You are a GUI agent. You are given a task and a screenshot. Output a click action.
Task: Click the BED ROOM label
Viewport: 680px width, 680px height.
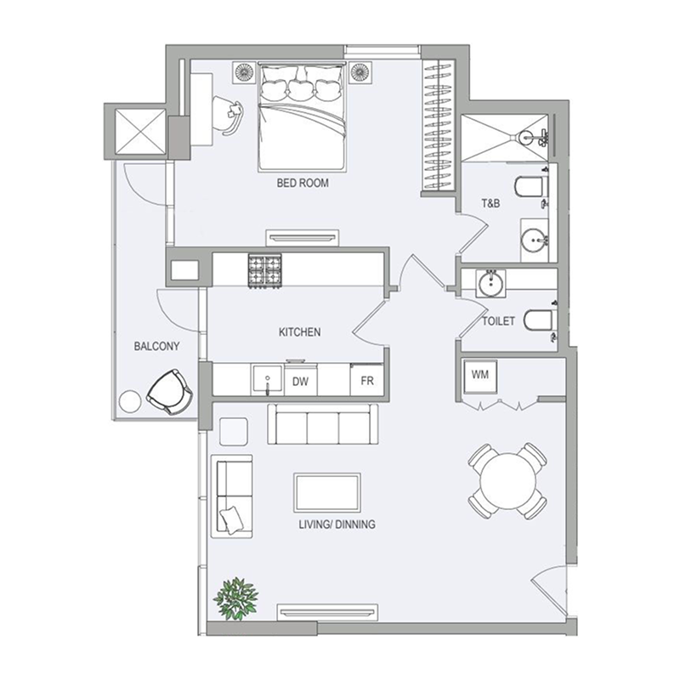pos(302,183)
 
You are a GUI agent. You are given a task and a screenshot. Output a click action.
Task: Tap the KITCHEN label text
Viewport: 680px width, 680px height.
pos(299,331)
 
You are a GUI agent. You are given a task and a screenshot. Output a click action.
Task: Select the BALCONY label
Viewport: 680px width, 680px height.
pos(154,347)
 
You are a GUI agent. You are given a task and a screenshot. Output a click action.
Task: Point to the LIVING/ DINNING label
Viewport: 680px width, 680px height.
pos(337,524)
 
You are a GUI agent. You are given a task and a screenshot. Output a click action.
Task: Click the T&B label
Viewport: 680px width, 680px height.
pos(490,203)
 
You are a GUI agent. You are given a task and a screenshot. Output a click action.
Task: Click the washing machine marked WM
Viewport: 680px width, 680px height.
pos(479,374)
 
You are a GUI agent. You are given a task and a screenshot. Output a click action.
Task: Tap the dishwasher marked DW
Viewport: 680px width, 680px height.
pos(299,382)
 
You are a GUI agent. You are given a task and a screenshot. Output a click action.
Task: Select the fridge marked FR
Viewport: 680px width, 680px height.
pos(368,382)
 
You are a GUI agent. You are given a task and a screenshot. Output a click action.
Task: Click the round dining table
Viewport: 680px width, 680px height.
pos(508,480)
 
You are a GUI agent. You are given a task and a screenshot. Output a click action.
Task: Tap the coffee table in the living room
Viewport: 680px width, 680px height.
pos(327,492)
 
